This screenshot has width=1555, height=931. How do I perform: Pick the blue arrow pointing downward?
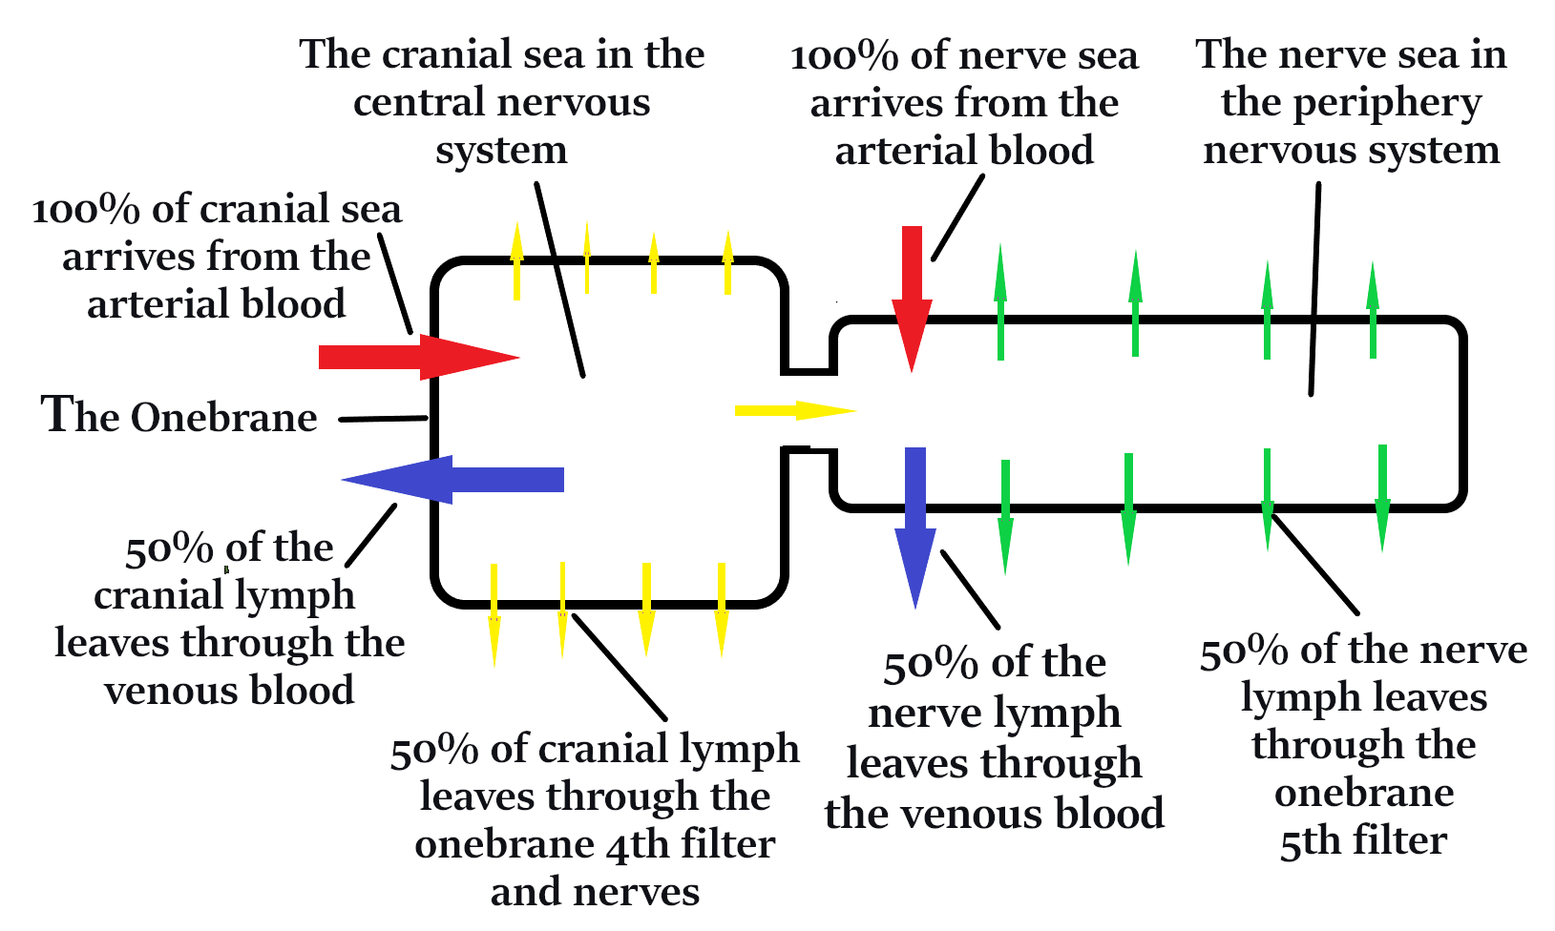[915, 525]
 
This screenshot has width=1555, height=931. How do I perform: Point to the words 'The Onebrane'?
[179, 417]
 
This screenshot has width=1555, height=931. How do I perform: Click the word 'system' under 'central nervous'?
[501, 150]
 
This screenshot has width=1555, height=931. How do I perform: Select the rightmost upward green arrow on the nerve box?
[1373, 310]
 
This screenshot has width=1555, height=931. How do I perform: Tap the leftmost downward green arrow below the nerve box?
[1004, 517]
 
